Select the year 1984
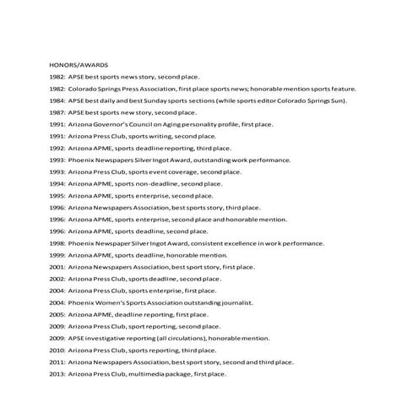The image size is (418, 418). coord(57,100)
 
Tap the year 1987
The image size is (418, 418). coord(57,111)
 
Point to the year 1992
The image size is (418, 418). coord(57,147)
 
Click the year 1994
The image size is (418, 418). coord(57,182)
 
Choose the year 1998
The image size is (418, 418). coord(57,242)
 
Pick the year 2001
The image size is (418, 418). coord(57,266)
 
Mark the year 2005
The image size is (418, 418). coord(57,313)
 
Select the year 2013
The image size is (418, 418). coord(57,373)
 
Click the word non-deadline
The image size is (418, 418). coord(155,182)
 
